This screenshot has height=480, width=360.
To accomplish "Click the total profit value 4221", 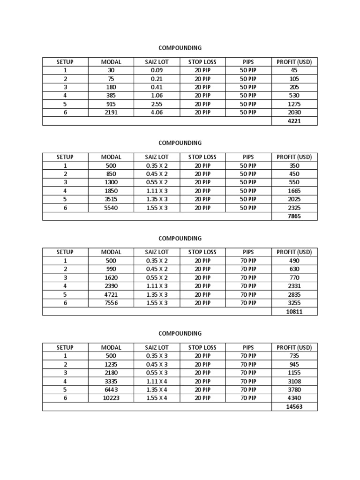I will tap(294, 121).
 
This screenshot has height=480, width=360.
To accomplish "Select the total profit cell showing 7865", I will tap(294, 216).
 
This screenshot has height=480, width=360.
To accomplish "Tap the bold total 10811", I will tap(294, 311).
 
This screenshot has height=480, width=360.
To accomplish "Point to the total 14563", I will tap(294, 406).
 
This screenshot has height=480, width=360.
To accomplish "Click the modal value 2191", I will tap(111, 112).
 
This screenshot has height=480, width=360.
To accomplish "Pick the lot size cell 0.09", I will tap(157, 70).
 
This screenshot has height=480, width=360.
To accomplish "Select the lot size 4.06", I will tap(157, 112).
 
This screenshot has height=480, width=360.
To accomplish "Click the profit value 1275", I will tap(294, 104).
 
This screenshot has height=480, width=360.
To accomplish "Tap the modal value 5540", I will tap(111, 208).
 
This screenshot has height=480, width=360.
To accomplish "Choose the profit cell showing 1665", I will tap(294, 191).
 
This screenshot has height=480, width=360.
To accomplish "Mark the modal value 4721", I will tap(111, 294).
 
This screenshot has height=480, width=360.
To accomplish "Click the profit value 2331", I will tap(294, 286).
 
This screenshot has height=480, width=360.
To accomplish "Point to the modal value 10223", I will tap(111, 398).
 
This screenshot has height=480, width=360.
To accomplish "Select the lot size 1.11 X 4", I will tap(157, 381).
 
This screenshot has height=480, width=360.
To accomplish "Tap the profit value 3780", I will tap(294, 390).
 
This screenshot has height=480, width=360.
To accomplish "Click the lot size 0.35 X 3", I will tap(157, 356).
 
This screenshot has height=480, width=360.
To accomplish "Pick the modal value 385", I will tap(111, 96).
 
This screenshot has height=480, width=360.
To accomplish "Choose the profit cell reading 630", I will tap(294, 269).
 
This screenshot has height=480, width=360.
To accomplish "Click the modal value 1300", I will tap(111, 182).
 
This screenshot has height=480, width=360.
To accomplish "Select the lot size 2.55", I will tap(157, 104).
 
